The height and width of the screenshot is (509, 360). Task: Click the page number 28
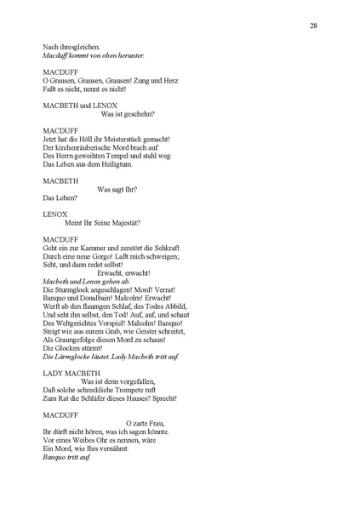tap(314, 26)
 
